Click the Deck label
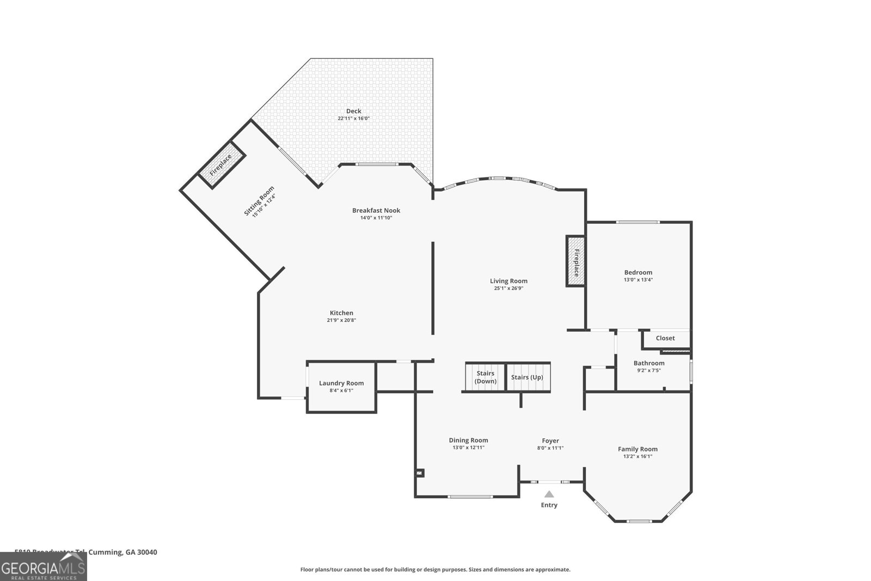pyautogui.click(x=354, y=111)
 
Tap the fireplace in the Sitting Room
pyautogui.click(x=220, y=164)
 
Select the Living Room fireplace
pyautogui.click(x=576, y=261)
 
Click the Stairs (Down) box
pyautogui.click(x=485, y=377)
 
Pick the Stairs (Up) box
pyautogui.click(x=527, y=377)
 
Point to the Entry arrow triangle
pyautogui.click(x=549, y=494)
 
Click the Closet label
pyautogui.click(x=665, y=338)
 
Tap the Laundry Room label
pyautogui.click(x=341, y=383)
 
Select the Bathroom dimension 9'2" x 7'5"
pyautogui.click(x=649, y=370)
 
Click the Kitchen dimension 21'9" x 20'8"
pyautogui.click(x=341, y=320)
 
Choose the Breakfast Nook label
pyautogui.click(x=376, y=210)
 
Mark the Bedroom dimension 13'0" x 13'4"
pyautogui.click(x=638, y=280)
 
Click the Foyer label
pyautogui.click(x=550, y=441)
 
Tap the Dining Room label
pyautogui.click(x=468, y=440)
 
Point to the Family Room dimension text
pyautogui.click(x=637, y=456)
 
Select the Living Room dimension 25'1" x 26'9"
pyautogui.click(x=508, y=289)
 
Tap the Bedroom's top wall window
pyautogui.click(x=637, y=222)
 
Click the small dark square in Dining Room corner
pyautogui.click(x=420, y=473)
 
